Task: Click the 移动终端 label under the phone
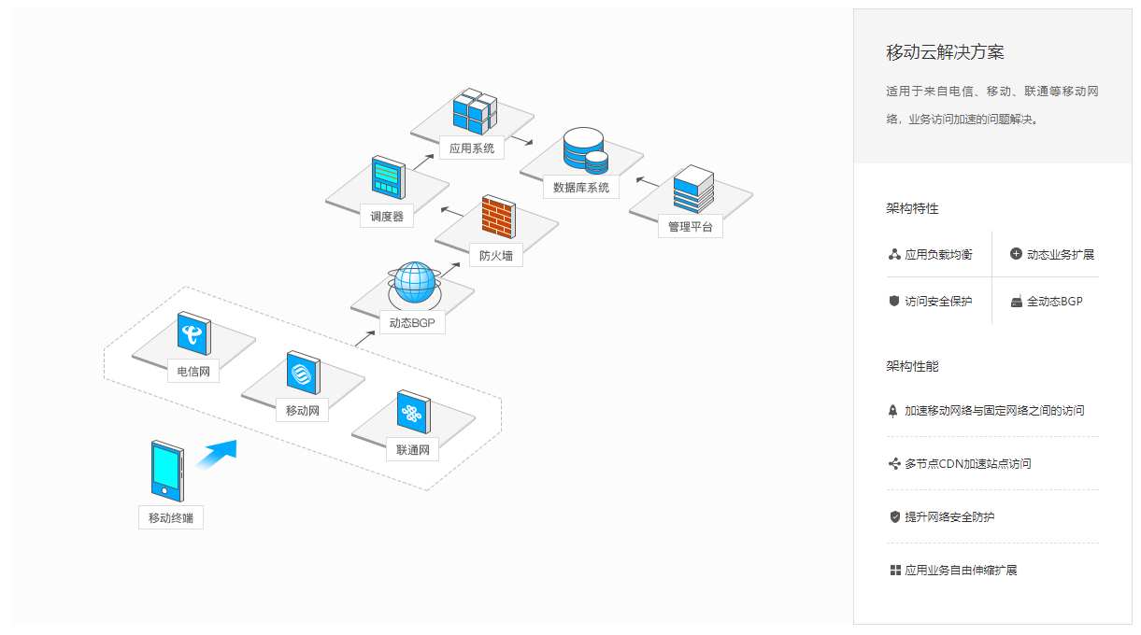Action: click(171, 517)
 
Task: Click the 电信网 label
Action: click(193, 372)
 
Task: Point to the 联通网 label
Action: click(412, 450)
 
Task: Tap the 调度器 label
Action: click(387, 216)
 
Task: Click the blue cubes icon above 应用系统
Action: click(474, 111)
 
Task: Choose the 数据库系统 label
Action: click(580, 187)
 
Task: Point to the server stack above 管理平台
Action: click(692, 189)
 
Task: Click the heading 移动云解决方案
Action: click(945, 52)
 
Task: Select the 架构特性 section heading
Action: click(912, 208)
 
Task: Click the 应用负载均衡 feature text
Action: click(938, 254)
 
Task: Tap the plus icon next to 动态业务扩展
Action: click(1016, 254)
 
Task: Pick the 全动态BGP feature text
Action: click(1054, 301)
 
